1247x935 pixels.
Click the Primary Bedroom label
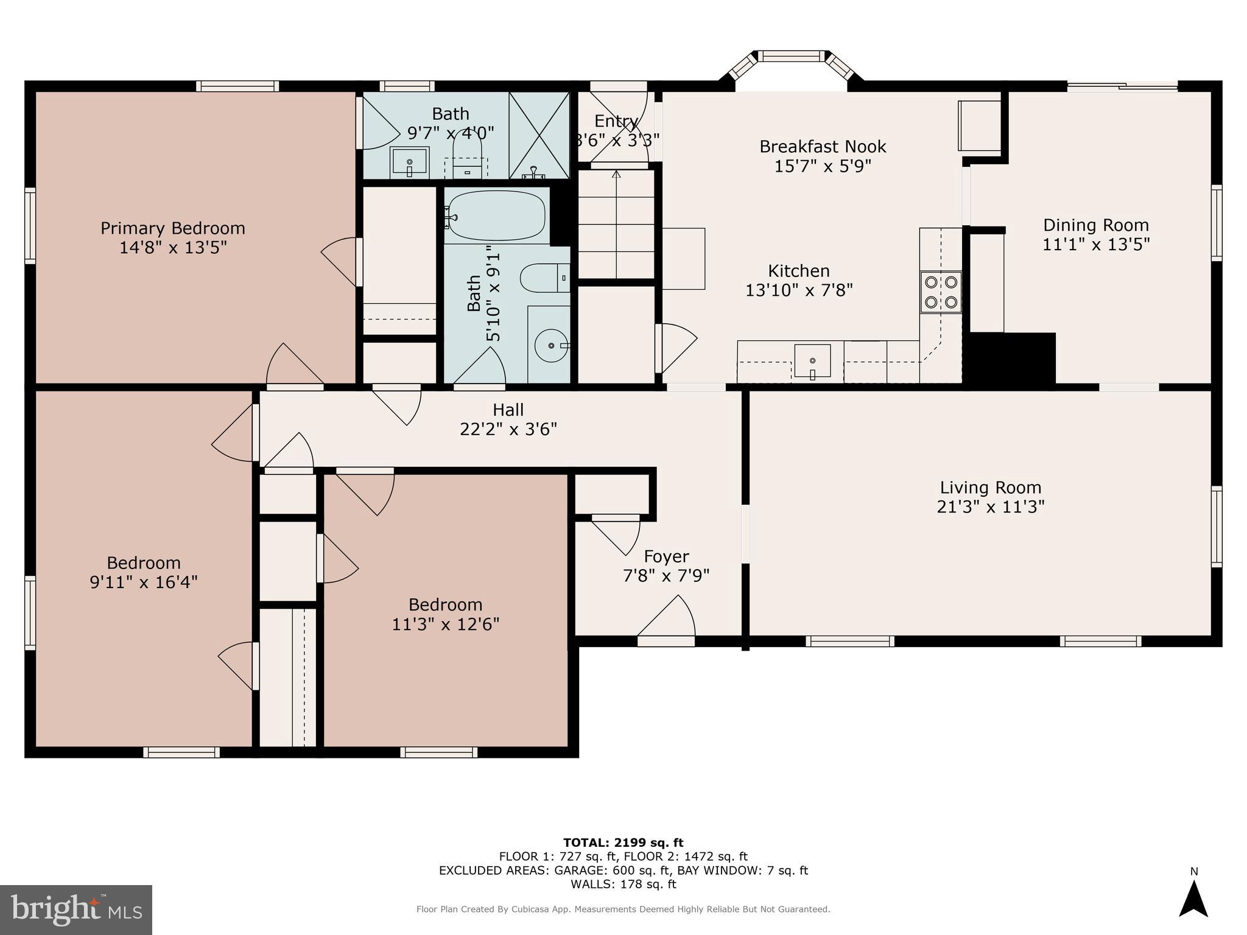173,228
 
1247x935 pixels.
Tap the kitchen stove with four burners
941,292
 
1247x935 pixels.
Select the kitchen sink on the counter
812,361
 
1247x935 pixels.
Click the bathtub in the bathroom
497,216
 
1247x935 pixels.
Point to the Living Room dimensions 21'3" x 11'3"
991,506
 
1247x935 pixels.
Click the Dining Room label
1096,225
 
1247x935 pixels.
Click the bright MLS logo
76,910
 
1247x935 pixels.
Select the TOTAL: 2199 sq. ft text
623,842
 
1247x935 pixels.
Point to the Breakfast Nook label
823,147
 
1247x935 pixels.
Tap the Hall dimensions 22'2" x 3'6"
508,429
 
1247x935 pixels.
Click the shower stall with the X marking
539,135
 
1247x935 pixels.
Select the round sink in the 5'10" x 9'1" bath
550,345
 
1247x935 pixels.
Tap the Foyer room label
666,556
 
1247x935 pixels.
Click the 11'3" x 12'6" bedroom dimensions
446,624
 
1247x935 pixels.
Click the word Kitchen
799,271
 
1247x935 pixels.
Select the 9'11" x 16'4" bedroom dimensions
144,582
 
